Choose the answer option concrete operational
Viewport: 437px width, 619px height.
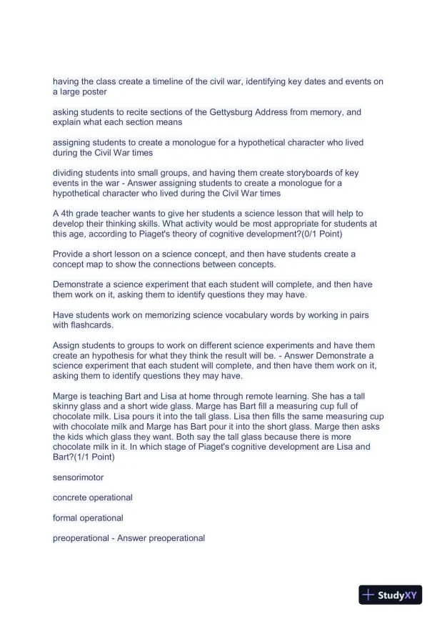(93, 497)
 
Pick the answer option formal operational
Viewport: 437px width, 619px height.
(88, 518)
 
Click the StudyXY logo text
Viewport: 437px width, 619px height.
(399, 595)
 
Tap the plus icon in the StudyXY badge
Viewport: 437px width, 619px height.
(368, 595)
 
